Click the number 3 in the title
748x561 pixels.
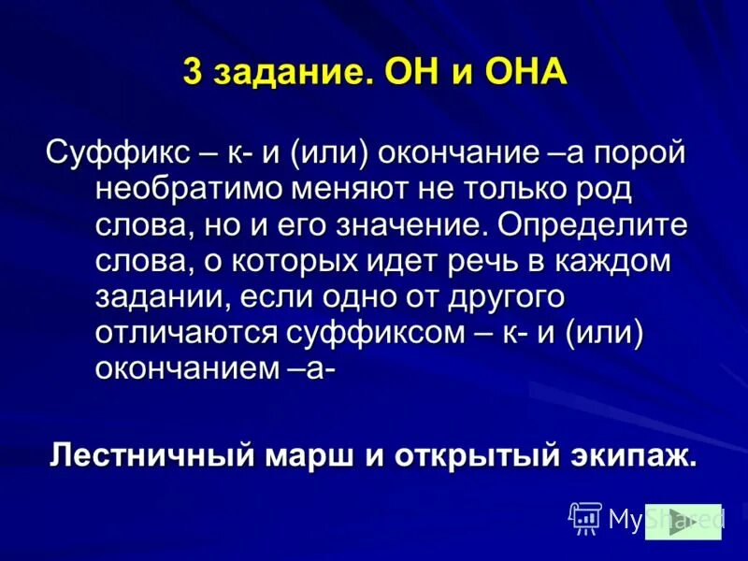point(193,72)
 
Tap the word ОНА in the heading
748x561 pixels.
point(525,72)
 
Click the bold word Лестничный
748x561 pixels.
point(152,455)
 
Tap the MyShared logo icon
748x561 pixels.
point(585,516)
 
